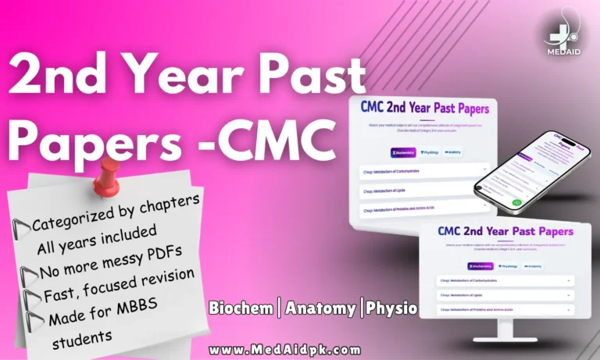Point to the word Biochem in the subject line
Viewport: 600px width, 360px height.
pyautogui.click(x=241, y=308)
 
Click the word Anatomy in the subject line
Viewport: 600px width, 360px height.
pyautogui.click(x=319, y=308)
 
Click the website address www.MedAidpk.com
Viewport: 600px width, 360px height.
pyautogui.click(x=285, y=349)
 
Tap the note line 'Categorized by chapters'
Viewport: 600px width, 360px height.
pyautogui.click(x=116, y=212)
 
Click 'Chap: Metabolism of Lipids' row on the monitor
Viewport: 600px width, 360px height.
pyautogui.click(x=504, y=295)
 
